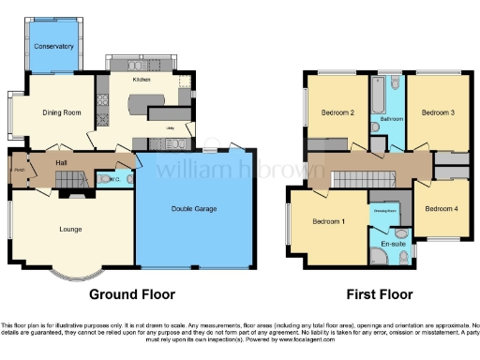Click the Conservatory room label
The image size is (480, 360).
pyautogui.click(x=52, y=46)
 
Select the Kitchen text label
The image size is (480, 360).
pyautogui.click(x=142, y=81)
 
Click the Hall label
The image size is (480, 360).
pyautogui.click(x=61, y=163)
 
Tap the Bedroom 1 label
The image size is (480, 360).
pyautogui.click(x=329, y=221)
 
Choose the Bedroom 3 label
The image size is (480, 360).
pyautogui.click(x=438, y=112)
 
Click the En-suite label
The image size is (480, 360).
pyautogui.click(x=395, y=242)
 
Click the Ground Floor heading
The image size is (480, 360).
pyautogui.click(x=132, y=293)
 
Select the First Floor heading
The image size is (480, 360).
pyautogui.click(x=380, y=293)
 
